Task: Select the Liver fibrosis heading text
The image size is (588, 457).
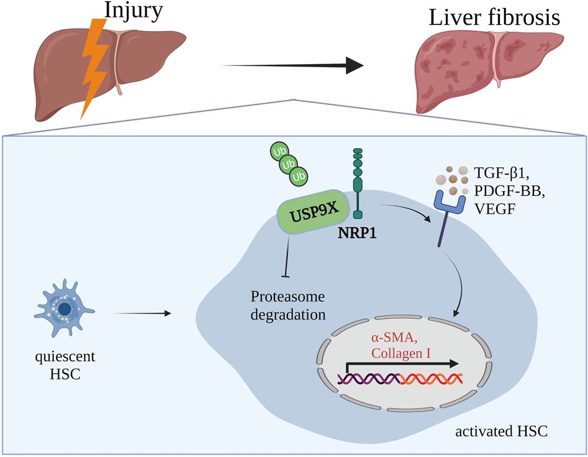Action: (x=494, y=17)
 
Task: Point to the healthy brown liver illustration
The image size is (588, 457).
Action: (x=149, y=62)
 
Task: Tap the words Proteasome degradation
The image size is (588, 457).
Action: (x=288, y=305)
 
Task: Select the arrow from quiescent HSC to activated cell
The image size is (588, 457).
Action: (x=143, y=313)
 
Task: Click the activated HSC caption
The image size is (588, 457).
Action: (x=502, y=431)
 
